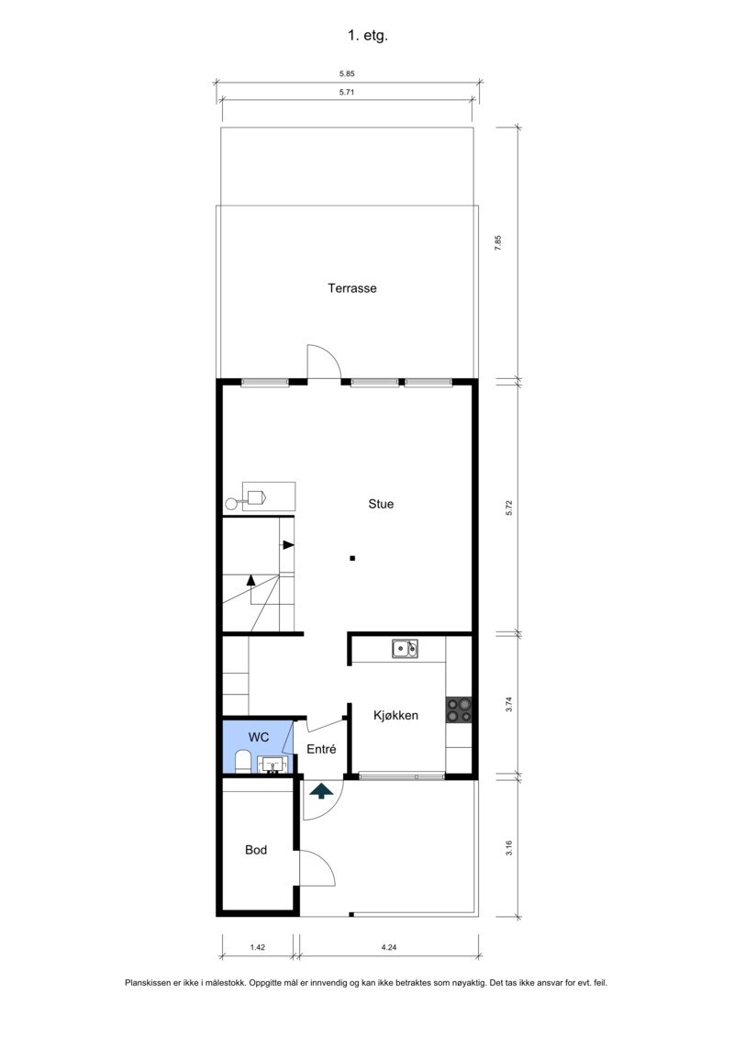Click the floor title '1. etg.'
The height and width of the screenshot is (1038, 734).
[367, 37]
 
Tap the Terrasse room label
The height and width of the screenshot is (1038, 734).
[352, 288]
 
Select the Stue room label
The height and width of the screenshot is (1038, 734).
[381, 504]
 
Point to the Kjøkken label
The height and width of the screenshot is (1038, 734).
[395, 715]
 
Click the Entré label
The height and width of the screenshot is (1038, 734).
[321, 749]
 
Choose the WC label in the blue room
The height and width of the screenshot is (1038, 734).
[259, 737]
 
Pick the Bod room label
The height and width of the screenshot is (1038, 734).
[256, 851]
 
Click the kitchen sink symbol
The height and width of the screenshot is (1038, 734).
[405, 649]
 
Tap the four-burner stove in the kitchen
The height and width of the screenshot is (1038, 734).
[459, 709]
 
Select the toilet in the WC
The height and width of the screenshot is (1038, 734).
[242, 762]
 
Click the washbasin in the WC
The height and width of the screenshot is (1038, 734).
[272, 764]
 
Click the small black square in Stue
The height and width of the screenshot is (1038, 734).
[352, 558]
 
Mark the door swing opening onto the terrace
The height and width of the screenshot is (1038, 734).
[323, 362]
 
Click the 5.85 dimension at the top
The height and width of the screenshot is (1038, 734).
[348, 74]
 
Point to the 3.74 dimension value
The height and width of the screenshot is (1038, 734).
[509, 706]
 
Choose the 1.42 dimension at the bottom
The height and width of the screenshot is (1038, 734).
[258, 947]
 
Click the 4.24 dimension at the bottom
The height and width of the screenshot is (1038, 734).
[389, 947]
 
